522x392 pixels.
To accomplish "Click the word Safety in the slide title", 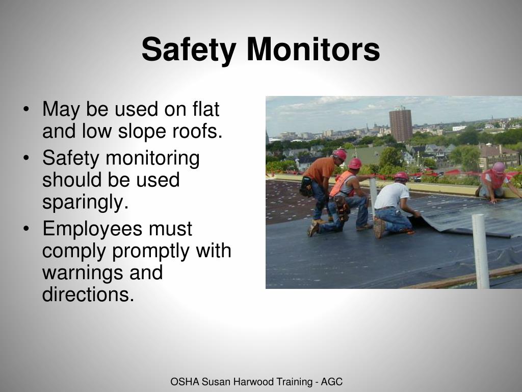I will pos(189,50).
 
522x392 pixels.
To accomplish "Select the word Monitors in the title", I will pos(314,50).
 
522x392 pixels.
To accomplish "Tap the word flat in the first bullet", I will pos(205,109).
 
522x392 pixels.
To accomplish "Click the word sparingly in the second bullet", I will pos(85,203).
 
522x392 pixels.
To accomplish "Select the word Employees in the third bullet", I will pos(92,229).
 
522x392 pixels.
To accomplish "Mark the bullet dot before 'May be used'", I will pos(26,110).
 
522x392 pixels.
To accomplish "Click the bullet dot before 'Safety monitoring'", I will pos(26,158).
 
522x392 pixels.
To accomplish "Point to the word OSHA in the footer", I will pos(185,382).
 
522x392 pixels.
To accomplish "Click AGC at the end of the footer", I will pos(332,382).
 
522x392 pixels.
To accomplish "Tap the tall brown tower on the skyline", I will pos(401,125).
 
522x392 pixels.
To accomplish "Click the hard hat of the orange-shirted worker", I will pos(340,154).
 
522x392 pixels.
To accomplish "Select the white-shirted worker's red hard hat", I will pos(402,177).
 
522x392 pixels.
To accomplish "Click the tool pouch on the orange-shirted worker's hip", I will pos(306,187).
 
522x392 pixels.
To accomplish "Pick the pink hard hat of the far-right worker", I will pos(499,167).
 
